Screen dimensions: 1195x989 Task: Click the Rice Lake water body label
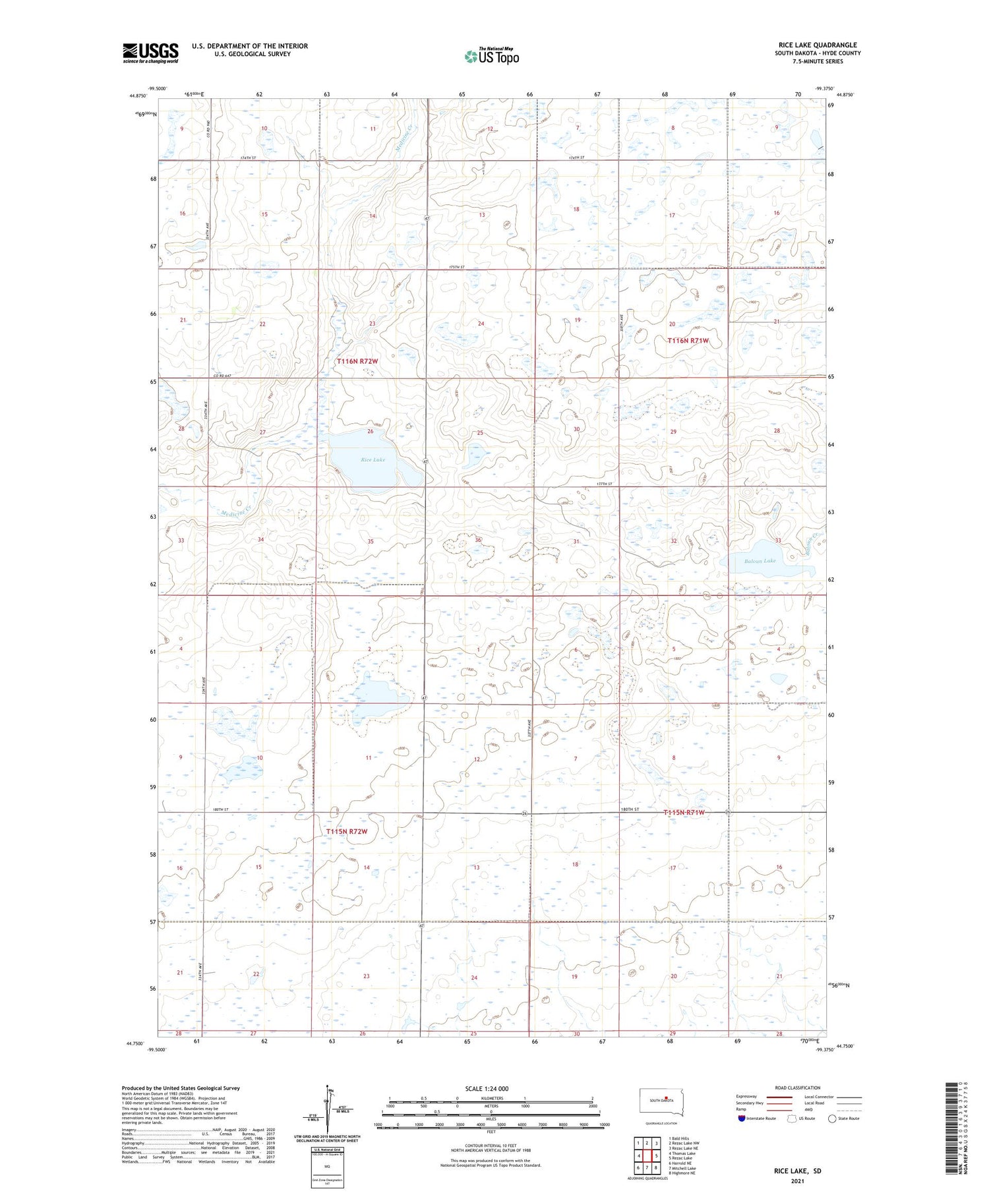coord(373,459)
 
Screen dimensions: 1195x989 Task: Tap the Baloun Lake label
coord(760,561)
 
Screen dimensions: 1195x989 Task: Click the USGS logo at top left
coord(150,53)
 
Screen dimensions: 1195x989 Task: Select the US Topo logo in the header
coord(491,57)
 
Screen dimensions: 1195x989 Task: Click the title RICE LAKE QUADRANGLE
coord(818,45)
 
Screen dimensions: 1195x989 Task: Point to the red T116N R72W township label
coord(357,362)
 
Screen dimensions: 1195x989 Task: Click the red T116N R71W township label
coord(688,341)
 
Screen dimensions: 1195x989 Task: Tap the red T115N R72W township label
coord(346,832)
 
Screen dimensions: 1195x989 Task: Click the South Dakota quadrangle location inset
coord(661,1102)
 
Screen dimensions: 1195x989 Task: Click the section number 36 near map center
coord(478,540)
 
